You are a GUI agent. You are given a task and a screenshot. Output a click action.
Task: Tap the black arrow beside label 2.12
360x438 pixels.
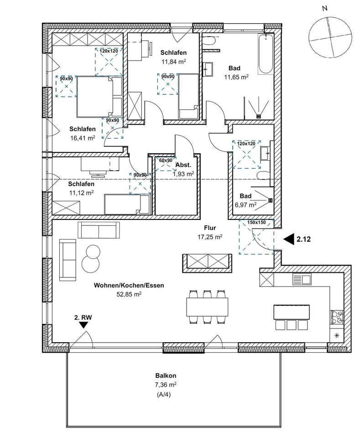pos(289,238)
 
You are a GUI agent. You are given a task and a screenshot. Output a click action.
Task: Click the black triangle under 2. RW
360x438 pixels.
pos(83,324)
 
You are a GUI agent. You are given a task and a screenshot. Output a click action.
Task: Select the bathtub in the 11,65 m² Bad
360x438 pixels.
pos(266,54)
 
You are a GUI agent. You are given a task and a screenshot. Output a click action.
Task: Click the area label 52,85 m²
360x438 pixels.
pos(129,294)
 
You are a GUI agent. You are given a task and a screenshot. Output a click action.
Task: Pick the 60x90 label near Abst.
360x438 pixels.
pos(166,160)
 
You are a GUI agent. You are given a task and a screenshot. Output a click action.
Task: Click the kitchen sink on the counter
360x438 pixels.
pos(301,278)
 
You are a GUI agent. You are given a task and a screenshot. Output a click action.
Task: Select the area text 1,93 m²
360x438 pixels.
pos(183,174)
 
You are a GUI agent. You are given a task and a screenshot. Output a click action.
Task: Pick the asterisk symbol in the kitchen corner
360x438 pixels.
pos(337,335)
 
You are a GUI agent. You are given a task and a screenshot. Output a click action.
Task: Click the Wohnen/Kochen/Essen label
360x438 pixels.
pos(129,286)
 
